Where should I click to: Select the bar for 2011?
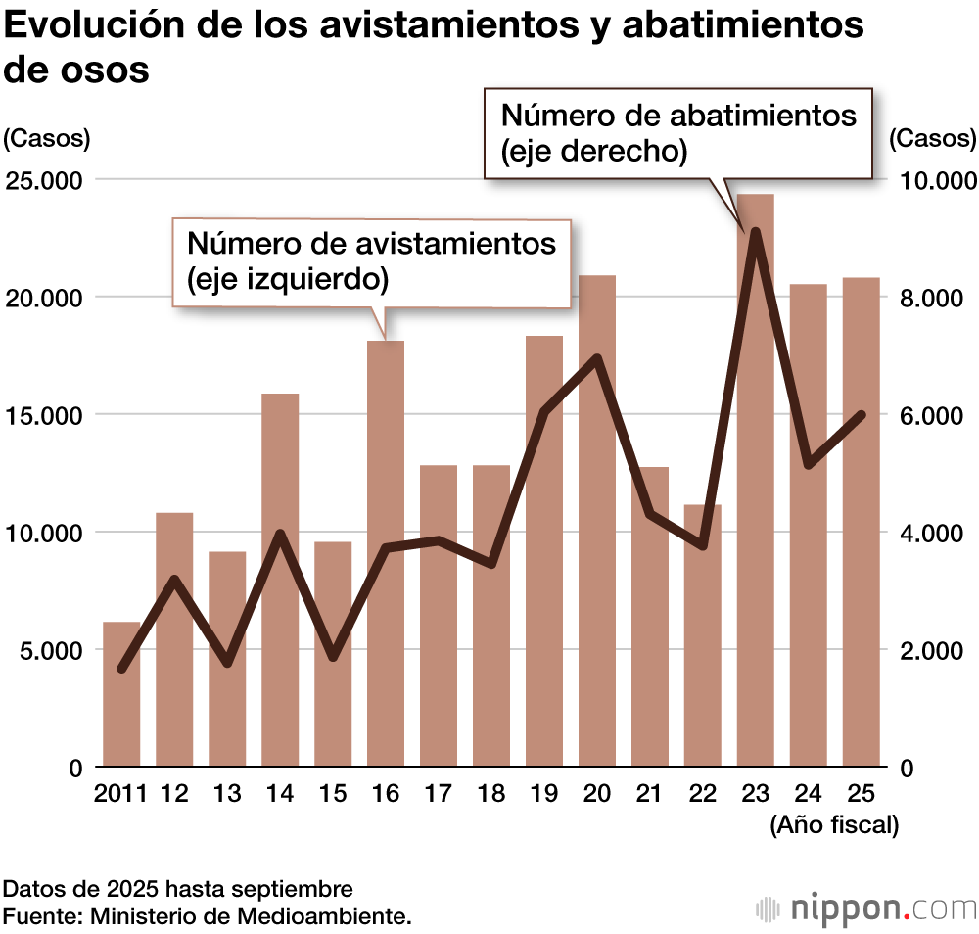pos(121,695)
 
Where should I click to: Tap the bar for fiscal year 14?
pos(280,587)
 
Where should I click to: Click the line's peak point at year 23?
pos(755,232)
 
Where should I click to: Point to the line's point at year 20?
pos(597,358)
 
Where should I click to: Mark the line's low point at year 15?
pos(333,657)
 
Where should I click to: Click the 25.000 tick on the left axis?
pos(47,181)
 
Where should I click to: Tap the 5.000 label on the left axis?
pos(47,651)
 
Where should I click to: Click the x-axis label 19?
pos(544,793)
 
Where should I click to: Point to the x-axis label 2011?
pos(120,793)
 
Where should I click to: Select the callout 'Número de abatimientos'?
pos(677,132)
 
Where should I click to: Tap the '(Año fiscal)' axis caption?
pos(834,825)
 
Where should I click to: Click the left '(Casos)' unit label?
pos(47,138)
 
